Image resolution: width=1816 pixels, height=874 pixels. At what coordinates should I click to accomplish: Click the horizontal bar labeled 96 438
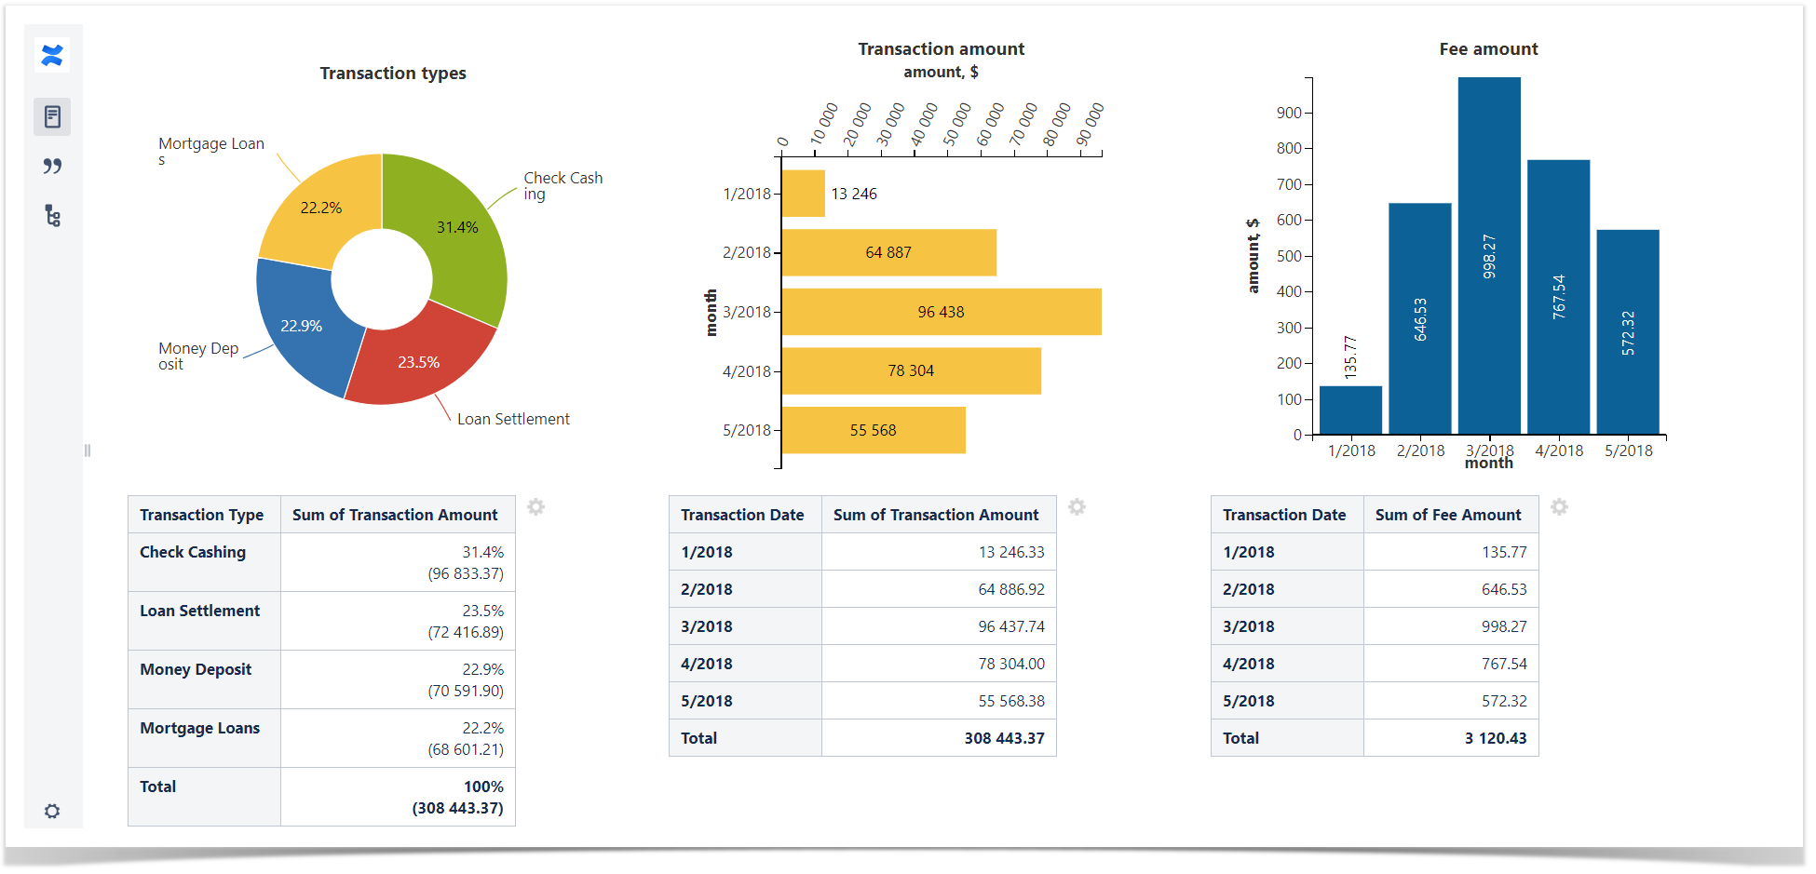tap(941, 312)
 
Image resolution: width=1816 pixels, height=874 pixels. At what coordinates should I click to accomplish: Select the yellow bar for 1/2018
tap(803, 194)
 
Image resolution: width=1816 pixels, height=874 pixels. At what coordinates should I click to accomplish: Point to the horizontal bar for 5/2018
tap(873, 430)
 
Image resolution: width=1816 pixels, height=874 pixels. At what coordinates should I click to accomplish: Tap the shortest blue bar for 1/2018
tap(1350, 410)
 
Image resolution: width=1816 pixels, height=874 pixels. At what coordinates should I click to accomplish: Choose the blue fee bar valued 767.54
tap(1558, 297)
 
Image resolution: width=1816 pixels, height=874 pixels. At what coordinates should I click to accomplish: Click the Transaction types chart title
tap(393, 74)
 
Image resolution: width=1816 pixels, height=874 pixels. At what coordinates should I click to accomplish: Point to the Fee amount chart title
tap(1488, 49)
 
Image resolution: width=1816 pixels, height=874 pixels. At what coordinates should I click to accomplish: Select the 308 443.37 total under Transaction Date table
tap(1004, 738)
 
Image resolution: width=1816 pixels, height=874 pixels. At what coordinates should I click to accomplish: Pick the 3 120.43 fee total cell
tap(1495, 738)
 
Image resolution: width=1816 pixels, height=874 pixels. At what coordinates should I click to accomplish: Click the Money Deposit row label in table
tap(196, 669)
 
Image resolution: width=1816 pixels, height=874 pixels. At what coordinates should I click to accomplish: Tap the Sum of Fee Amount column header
tap(1448, 515)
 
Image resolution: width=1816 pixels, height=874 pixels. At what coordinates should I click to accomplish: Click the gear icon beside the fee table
tap(1559, 507)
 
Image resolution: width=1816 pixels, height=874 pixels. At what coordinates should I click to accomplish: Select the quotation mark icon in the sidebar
tap(52, 167)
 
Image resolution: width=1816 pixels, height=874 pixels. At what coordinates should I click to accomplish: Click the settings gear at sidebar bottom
tap(52, 811)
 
